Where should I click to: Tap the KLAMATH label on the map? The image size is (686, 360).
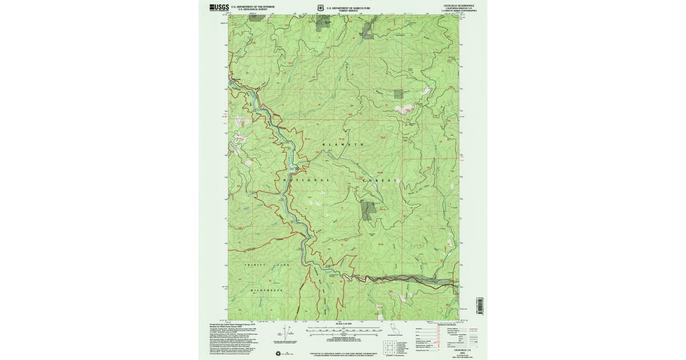click(x=343, y=145)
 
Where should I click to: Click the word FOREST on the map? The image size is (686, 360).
click(x=380, y=180)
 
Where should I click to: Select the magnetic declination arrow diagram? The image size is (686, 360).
click(x=290, y=334)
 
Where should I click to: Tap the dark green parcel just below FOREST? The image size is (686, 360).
click(x=369, y=210)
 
